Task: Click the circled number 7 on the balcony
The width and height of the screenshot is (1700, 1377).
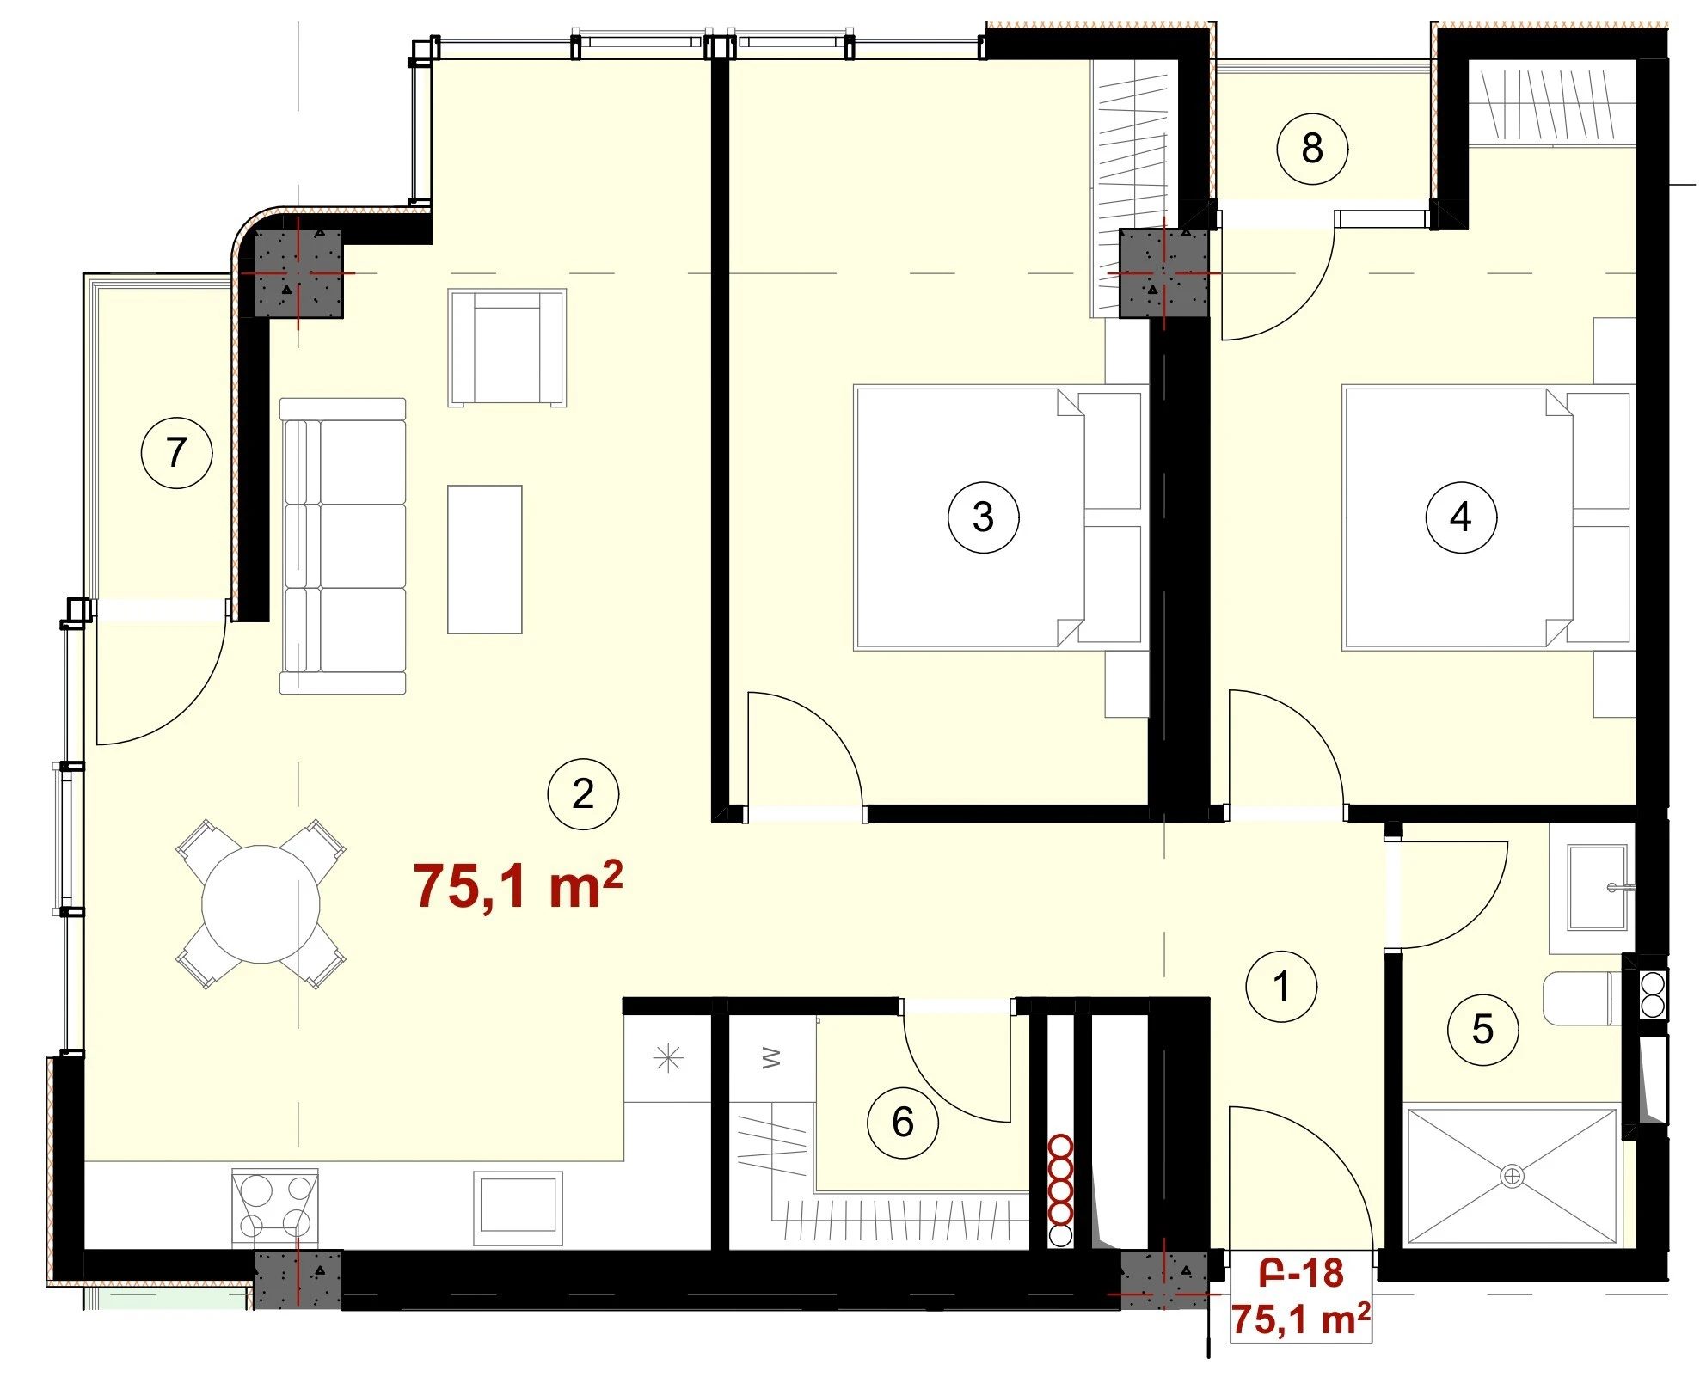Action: [x=176, y=452]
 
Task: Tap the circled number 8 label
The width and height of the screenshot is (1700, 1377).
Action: [x=1312, y=148]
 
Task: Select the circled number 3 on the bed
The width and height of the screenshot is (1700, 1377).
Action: [x=983, y=517]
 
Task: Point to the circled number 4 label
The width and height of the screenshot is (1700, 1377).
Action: [x=1461, y=517]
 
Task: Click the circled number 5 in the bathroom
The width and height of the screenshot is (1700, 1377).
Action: [x=1483, y=1029]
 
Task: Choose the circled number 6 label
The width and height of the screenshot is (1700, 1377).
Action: [x=903, y=1122]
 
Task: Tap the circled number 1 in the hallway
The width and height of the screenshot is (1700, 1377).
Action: [x=1281, y=986]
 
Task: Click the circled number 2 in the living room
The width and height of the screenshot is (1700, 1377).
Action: [x=583, y=793]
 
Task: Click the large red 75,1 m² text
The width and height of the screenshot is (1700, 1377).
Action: [x=518, y=886]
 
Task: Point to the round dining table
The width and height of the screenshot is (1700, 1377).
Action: [x=261, y=904]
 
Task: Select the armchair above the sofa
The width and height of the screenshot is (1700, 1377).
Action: [x=507, y=347]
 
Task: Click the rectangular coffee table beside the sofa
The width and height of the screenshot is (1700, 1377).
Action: [x=485, y=560]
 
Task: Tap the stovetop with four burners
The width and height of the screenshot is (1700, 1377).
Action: [x=275, y=1207]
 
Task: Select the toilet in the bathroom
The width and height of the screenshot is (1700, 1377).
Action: [x=1582, y=999]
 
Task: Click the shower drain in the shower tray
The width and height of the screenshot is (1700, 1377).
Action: [x=1512, y=1176]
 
